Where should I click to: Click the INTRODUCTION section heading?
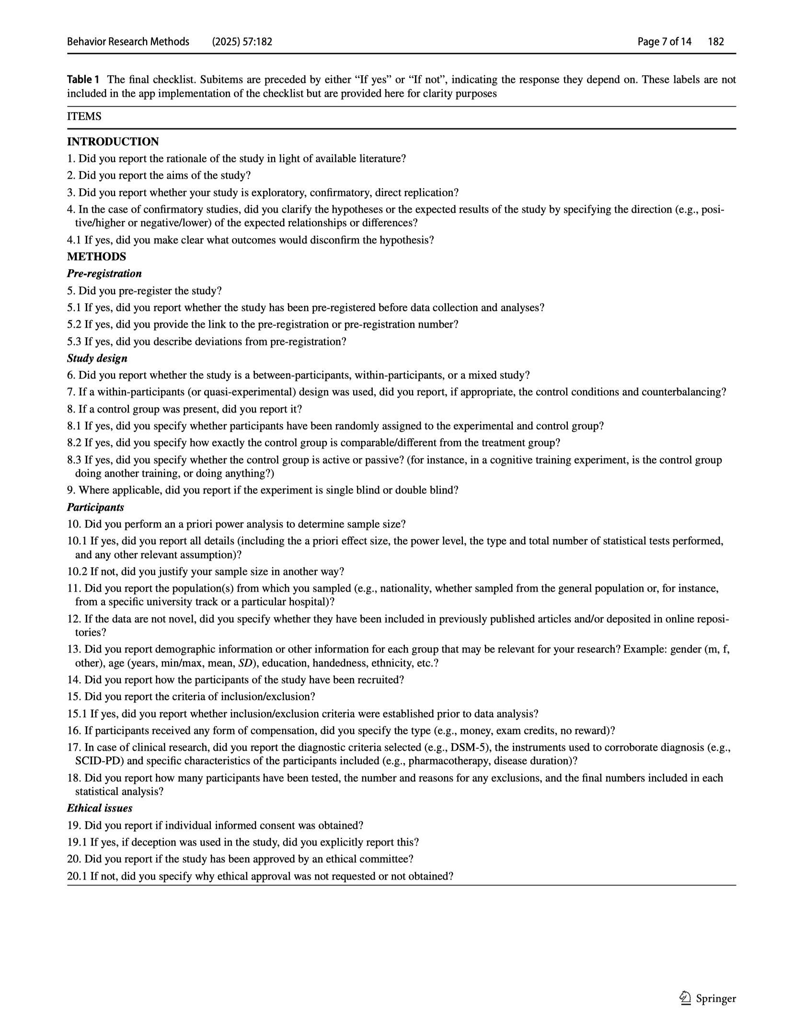[x=113, y=142]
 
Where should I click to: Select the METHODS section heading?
[x=97, y=257]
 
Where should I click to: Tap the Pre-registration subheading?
[x=104, y=274]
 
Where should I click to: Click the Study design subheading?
[x=97, y=358]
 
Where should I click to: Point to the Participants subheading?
[x=96, y=507]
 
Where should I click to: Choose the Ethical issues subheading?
[x=100, y=808]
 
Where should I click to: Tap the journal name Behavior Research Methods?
[x=128, y=42]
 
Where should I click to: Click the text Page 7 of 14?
[x=665, y=42]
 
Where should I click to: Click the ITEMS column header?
[x=84, y=116]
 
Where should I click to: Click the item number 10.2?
[x=77, y=572]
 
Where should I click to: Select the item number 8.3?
[x=74, y=460]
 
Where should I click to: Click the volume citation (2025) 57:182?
[x=242, y=42]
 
